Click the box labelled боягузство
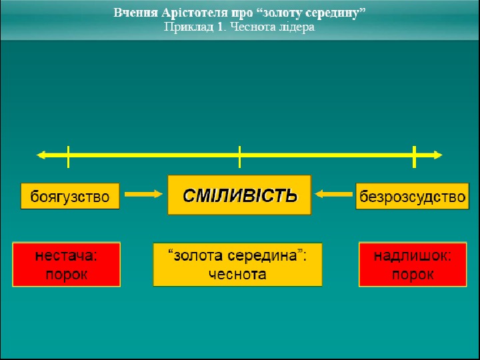coord(70,196)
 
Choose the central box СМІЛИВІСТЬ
coord(239,195)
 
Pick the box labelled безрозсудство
coord(412,196)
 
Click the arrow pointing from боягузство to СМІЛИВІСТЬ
coord(143,194)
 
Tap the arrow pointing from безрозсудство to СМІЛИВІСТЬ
coord(333,194)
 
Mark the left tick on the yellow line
coord(69,156)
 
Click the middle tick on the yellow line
coord(239,156)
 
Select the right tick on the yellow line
coord(414,156)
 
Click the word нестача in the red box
coord(66,257)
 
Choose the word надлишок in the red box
coord(413,257)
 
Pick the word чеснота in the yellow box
coord(237,274)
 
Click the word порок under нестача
coord(66,274)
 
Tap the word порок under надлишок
coord(413,274)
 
